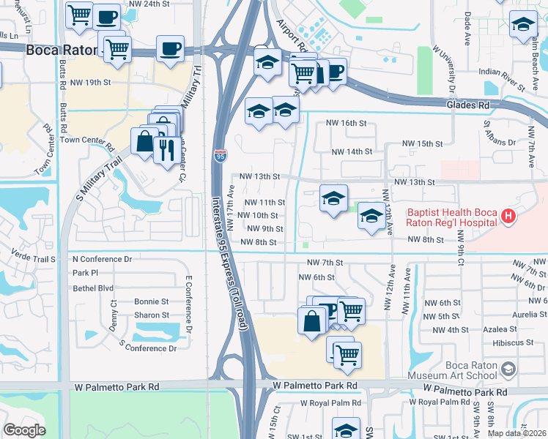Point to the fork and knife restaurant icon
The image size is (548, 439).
(164, 149)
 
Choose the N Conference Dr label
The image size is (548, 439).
(102, 259)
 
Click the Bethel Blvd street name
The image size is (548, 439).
(93, 288)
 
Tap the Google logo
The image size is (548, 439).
(24, 430)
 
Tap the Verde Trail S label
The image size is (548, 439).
(34, 258)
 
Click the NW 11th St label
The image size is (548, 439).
(264, 202)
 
